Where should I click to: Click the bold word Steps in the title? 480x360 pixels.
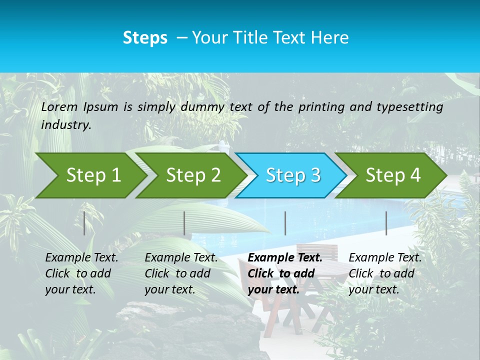click(x=145, y=38)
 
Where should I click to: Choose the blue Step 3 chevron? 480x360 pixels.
click(x=293, y=175)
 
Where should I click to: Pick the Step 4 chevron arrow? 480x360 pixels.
click(x=393, y=175)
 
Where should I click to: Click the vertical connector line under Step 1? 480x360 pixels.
click(x=84, y=223)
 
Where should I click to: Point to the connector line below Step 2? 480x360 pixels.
click(x=184, y=223)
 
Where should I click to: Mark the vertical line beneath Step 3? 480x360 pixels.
click(x=285, y=223)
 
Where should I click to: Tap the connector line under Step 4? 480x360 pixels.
click(x=386, y=223)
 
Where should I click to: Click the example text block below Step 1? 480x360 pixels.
click(x=81, y=273)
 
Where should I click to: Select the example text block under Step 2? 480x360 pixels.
click(x=181, y=273)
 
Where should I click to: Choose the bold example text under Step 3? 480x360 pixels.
click(x=285, y=273)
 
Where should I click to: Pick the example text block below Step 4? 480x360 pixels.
click(x=385, y=273)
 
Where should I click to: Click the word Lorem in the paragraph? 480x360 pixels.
click(x=59, y=107)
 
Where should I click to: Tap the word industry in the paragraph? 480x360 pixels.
click(x=66, y=125)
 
